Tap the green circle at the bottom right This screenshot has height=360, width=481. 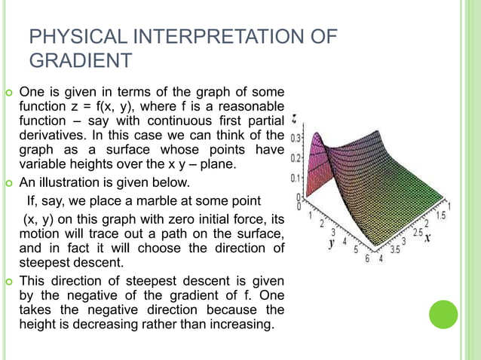click(443, 314)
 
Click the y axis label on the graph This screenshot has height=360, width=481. click(332, 246)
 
